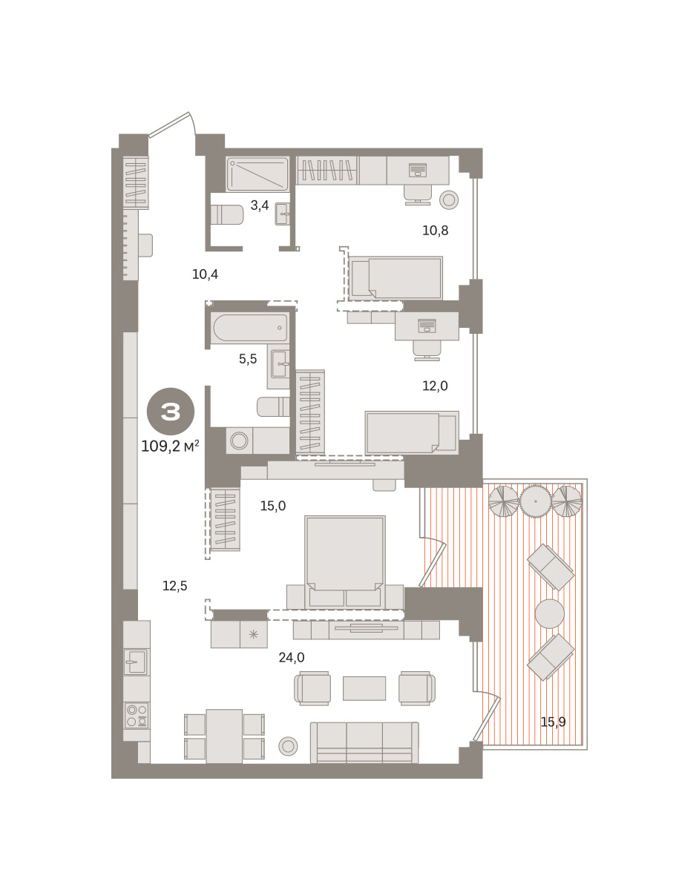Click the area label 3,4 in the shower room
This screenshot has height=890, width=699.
pos(260,205)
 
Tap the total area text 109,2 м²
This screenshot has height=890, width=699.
pos(170,446)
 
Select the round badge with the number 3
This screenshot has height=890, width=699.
pos(171,411)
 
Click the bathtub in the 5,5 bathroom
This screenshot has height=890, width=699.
pos(250,328)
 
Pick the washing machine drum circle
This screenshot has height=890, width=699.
pos(239,441)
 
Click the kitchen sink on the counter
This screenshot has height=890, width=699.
pos(136,662)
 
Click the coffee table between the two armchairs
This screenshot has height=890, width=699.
pos(364,688)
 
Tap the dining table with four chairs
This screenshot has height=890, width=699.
pos(224,736)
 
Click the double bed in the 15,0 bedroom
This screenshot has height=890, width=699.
pos(345,562)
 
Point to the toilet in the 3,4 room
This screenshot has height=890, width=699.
pos(226,214)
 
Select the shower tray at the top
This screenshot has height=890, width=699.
pos(257,174)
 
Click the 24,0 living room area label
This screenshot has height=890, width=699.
pos(292,657)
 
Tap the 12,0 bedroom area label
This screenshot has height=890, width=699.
pos(435,386)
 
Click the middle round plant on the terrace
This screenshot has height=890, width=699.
pos(536,501)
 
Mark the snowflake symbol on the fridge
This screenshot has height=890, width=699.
pos(254,635)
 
